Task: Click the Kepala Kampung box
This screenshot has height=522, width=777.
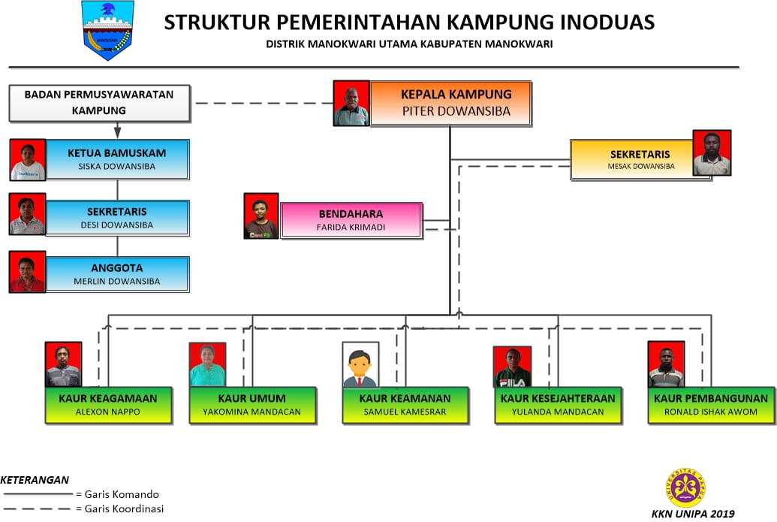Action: [450, 103]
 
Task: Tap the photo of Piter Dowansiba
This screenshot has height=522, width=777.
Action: [351, 103]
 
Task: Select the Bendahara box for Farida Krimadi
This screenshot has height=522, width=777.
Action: [351, 219]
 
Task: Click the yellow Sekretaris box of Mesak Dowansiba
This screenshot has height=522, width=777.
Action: [631, 159]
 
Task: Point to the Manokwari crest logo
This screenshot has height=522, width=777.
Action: [107, 30]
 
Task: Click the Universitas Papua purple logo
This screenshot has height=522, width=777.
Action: [687, 487]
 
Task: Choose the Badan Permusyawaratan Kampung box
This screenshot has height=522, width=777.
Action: [99, 103]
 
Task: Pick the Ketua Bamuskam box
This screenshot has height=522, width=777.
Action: [117, 159]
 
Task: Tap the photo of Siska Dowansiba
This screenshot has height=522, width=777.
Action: [28, 160]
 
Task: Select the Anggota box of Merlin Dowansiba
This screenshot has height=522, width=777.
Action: [117, 274]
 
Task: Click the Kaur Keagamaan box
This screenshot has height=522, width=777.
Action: [108, 405]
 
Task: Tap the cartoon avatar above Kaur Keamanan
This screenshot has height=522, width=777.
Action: [360, 365]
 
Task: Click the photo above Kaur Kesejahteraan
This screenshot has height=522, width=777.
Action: [512, 367]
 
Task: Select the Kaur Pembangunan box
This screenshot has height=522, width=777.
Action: [711, 405]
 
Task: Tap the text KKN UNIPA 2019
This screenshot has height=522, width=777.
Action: [694, 514]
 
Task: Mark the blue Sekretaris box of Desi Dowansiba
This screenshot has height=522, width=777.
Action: [117, 217]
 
